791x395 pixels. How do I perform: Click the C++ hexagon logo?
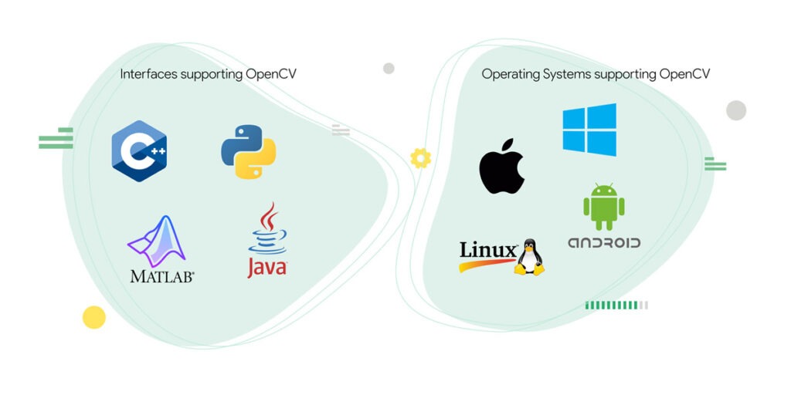point(139,151)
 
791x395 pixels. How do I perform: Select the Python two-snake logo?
point(249,151)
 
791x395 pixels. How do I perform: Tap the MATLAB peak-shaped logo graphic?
point(158,241)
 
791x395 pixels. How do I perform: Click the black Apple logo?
point(502,166)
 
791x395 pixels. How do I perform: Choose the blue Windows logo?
point(589,130)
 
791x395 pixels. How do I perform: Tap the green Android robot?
point(604,207)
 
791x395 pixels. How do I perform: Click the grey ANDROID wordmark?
point(604,243)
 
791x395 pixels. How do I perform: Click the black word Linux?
point(487,250)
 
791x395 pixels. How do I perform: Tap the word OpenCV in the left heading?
point(271,75)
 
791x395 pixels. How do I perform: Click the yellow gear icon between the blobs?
point(420,158)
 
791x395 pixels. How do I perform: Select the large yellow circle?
point(93,317)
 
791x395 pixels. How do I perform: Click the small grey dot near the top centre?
point(389,68)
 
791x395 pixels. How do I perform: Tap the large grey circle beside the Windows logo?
point(736,110)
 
